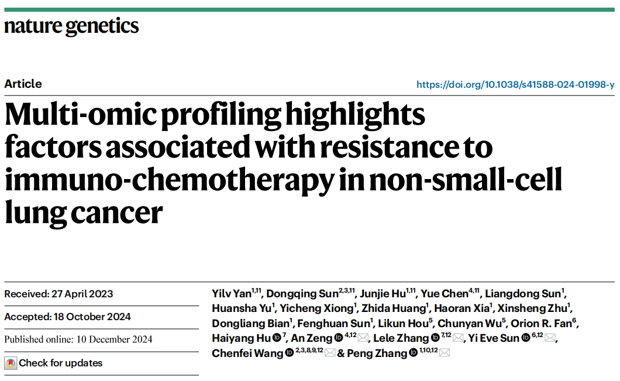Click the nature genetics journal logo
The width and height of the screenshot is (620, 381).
pyautogui.click(x=71, y=26)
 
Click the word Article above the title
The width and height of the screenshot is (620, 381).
pyautogui.click(x=23, y=84)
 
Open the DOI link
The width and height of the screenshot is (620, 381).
pyautogui.click(x=515, y=85)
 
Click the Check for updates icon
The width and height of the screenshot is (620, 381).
pyautogui.click(x=11, y=363)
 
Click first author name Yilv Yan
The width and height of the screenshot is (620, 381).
pyautogui.click(x=231, y=294)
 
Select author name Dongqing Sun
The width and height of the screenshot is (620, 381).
pyautogui.click(x=302, y=294)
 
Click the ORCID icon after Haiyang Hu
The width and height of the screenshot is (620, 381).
pyautogui.click(x=277, y=338)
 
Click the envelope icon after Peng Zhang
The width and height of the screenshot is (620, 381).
pyautogui.click(x=445, y=353)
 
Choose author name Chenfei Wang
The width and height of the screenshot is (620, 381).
pyautogui.click(x=247, y=353)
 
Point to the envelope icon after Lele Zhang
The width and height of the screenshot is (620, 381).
pyautogui.click(x=458, y=338)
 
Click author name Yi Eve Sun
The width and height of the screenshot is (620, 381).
pyautogui.click(x=494, y=338)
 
